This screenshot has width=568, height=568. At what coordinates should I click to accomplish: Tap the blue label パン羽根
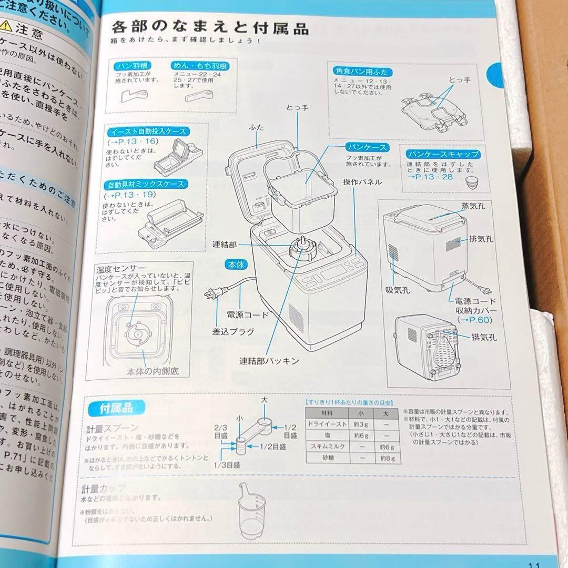(133, 66)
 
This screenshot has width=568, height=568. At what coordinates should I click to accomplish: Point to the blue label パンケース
(367, 147)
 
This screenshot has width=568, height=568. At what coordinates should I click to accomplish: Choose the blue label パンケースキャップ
(443, 154)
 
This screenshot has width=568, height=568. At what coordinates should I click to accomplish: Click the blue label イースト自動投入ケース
(148, 131)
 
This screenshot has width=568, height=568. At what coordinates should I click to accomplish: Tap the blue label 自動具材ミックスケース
(146, 185)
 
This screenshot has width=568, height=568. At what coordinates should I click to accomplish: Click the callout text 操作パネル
(363, 182)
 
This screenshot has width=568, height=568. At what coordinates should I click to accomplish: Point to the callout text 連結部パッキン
(269, 361)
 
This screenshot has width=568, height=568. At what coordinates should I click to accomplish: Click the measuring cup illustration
(252, 513)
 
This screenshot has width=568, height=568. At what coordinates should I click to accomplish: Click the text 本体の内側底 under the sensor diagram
(153, 371)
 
